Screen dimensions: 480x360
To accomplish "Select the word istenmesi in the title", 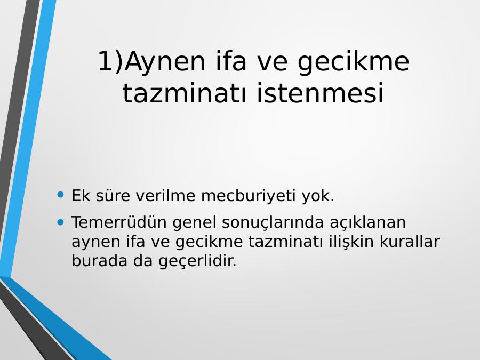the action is point(320,93).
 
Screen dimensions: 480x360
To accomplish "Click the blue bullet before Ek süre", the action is point(61,194).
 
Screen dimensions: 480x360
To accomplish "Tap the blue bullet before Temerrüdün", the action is point(61,222).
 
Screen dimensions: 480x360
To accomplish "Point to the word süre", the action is point(113,195).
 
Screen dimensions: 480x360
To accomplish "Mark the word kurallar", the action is point(410,241).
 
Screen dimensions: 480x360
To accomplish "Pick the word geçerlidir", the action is point(197,261).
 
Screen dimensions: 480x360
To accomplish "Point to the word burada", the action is point(99,261).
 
